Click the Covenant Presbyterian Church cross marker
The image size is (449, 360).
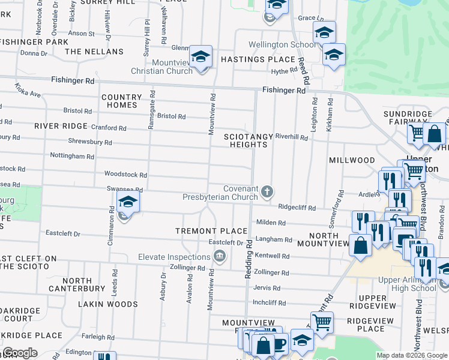pyautogui.click(x=267, y=192)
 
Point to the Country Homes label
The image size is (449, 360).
pyautogui.click(x=122, y=101)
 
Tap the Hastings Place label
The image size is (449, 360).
pyautogui.click(x=258, y=59)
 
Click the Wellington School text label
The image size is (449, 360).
pyautogui.click(x=282, y=44)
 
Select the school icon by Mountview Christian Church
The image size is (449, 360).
pyautogui.click(x=200, y=57)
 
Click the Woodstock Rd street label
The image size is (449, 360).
pyautogui.click(x=125, y=175)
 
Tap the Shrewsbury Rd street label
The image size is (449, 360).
pyautogui.click(x=91, y=143)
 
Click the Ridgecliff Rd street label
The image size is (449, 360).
pyautogui.click(x=297, y=207)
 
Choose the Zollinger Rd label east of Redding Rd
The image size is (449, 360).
pyautogui.click(x=272, y=272)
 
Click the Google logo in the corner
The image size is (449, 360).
pyautogui.click(x=20, y=353)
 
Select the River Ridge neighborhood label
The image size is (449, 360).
pyautogui.click(x=61, y=126)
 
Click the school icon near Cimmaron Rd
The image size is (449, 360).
pyautogui.click(x=128, y=203)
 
